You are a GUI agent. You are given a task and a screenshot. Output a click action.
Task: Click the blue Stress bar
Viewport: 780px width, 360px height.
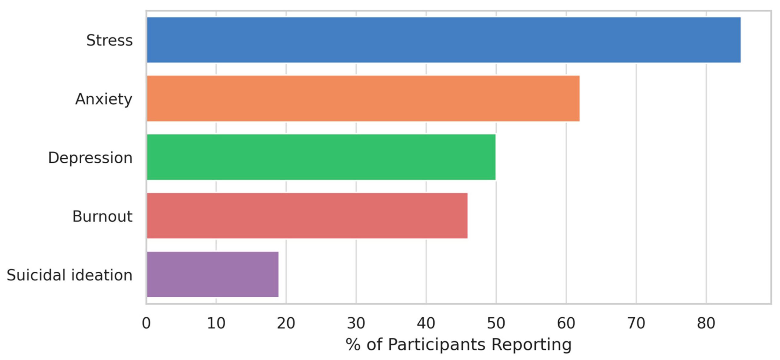pos(443,40)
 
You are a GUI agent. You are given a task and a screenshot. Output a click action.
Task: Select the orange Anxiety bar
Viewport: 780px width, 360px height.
pos(363,98)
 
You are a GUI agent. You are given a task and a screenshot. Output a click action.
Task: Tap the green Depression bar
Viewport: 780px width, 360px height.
pos(321,157)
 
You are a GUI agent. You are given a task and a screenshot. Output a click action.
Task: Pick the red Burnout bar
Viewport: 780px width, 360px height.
pos(307,216)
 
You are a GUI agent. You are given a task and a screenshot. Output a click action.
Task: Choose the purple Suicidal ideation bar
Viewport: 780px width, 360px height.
pos(212,274)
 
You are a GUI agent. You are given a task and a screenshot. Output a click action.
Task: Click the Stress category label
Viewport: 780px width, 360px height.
pos(109,41)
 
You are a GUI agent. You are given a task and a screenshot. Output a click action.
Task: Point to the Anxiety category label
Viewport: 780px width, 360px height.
pos(104,99)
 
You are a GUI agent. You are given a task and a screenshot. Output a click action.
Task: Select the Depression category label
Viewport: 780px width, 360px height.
pos(90,158)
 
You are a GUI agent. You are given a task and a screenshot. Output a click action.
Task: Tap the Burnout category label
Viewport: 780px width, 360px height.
pos(102,217)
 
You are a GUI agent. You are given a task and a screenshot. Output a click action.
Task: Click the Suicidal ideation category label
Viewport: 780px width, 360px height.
pos(69,275)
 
